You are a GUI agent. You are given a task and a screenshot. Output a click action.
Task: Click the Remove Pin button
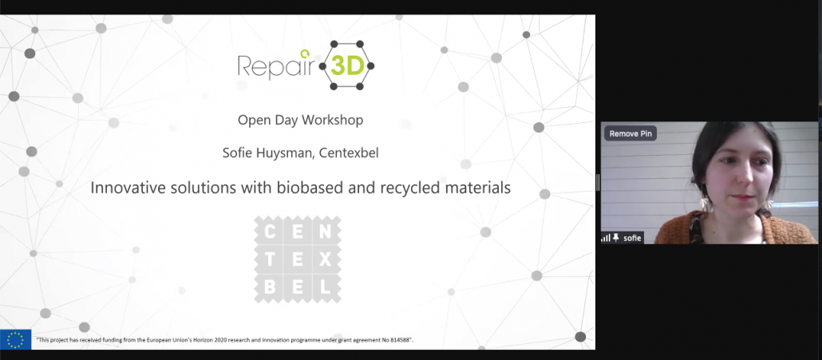[630, 133]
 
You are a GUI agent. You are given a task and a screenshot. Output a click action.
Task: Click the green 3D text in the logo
[347, 66]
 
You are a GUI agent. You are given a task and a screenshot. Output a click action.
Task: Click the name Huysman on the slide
[282, 153]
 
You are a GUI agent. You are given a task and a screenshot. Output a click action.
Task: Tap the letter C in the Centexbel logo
[270, 231]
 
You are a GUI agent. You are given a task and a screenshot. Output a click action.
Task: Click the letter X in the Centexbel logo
[326, 259]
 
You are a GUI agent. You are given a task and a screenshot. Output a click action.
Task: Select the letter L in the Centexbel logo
[326, 287]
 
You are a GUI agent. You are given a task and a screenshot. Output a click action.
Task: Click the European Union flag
[16, 339]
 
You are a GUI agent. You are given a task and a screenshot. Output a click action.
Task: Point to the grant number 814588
[400, 339]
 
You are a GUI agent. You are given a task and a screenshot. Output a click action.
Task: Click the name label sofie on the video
[632, 238]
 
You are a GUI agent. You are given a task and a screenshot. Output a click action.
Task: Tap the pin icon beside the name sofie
[616, 238]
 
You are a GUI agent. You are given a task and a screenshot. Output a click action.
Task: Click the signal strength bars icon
[606, 238]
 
